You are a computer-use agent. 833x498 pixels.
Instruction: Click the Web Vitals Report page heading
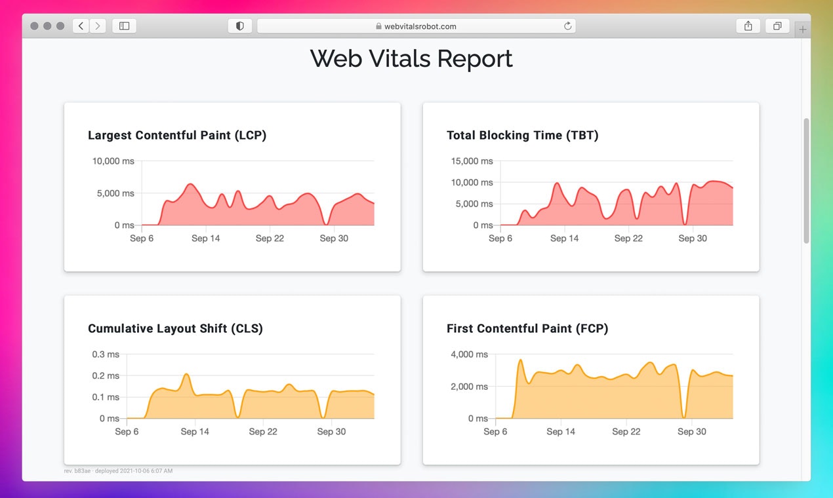point(411,59)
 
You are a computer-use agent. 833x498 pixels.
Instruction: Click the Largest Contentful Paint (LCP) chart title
point(177,136)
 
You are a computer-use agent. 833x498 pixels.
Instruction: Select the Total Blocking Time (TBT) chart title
point(522,136)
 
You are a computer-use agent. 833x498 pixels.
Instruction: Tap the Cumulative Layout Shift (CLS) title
point(175,329)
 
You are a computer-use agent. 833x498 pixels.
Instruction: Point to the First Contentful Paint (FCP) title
point(527,329)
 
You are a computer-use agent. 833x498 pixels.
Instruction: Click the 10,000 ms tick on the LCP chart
point(113,161)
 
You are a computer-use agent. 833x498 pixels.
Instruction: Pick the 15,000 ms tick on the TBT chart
point(472,161)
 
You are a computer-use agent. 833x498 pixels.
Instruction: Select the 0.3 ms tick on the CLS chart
point(106,354)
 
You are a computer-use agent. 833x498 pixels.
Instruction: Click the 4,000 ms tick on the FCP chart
point(469,354)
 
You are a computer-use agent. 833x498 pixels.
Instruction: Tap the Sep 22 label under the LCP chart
point(270,239)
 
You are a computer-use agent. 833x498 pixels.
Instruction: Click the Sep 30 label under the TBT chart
point(693,239)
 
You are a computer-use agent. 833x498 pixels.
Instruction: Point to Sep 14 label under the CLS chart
point(195,432)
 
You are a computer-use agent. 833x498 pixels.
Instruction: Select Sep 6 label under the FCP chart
point(495,432)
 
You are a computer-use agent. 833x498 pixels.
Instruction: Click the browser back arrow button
point(81,26)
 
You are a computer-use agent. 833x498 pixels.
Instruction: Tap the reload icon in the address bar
point(568,26)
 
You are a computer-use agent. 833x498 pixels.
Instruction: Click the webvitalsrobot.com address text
point(420,27)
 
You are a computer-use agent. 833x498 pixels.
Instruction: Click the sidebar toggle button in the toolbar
point(124,26)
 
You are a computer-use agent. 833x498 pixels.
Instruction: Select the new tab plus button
point(803,29)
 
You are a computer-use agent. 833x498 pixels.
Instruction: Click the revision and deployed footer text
point(118,471)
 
